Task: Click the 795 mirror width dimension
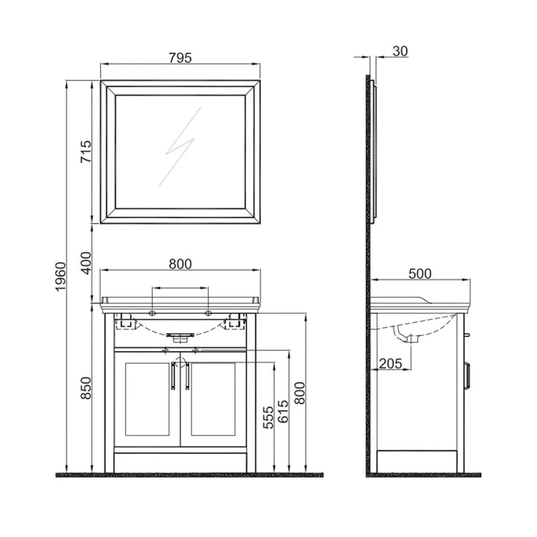pos(180,58)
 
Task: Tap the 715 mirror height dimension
pos(86,151)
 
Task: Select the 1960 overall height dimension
pos(60,277)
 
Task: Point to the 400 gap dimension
pos(86,263)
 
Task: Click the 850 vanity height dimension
pos(86,388)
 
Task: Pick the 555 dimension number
pos(268,417)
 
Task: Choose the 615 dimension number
pos(283,411)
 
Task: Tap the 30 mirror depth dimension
pos(400,52)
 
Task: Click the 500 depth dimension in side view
pos(420,274)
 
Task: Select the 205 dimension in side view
pos(390,364)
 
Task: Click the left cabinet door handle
pos(173,376)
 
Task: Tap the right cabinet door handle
pos(187,376)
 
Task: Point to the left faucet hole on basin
pos(153,313)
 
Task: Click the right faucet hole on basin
pos(208,313)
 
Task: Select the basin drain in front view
pos(180,337)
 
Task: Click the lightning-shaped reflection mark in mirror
pos(180,147)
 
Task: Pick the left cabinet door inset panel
pos(147,399)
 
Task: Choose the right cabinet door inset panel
pos(213,399)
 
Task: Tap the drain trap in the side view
pos(408,335)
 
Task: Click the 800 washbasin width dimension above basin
pos(180,264)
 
